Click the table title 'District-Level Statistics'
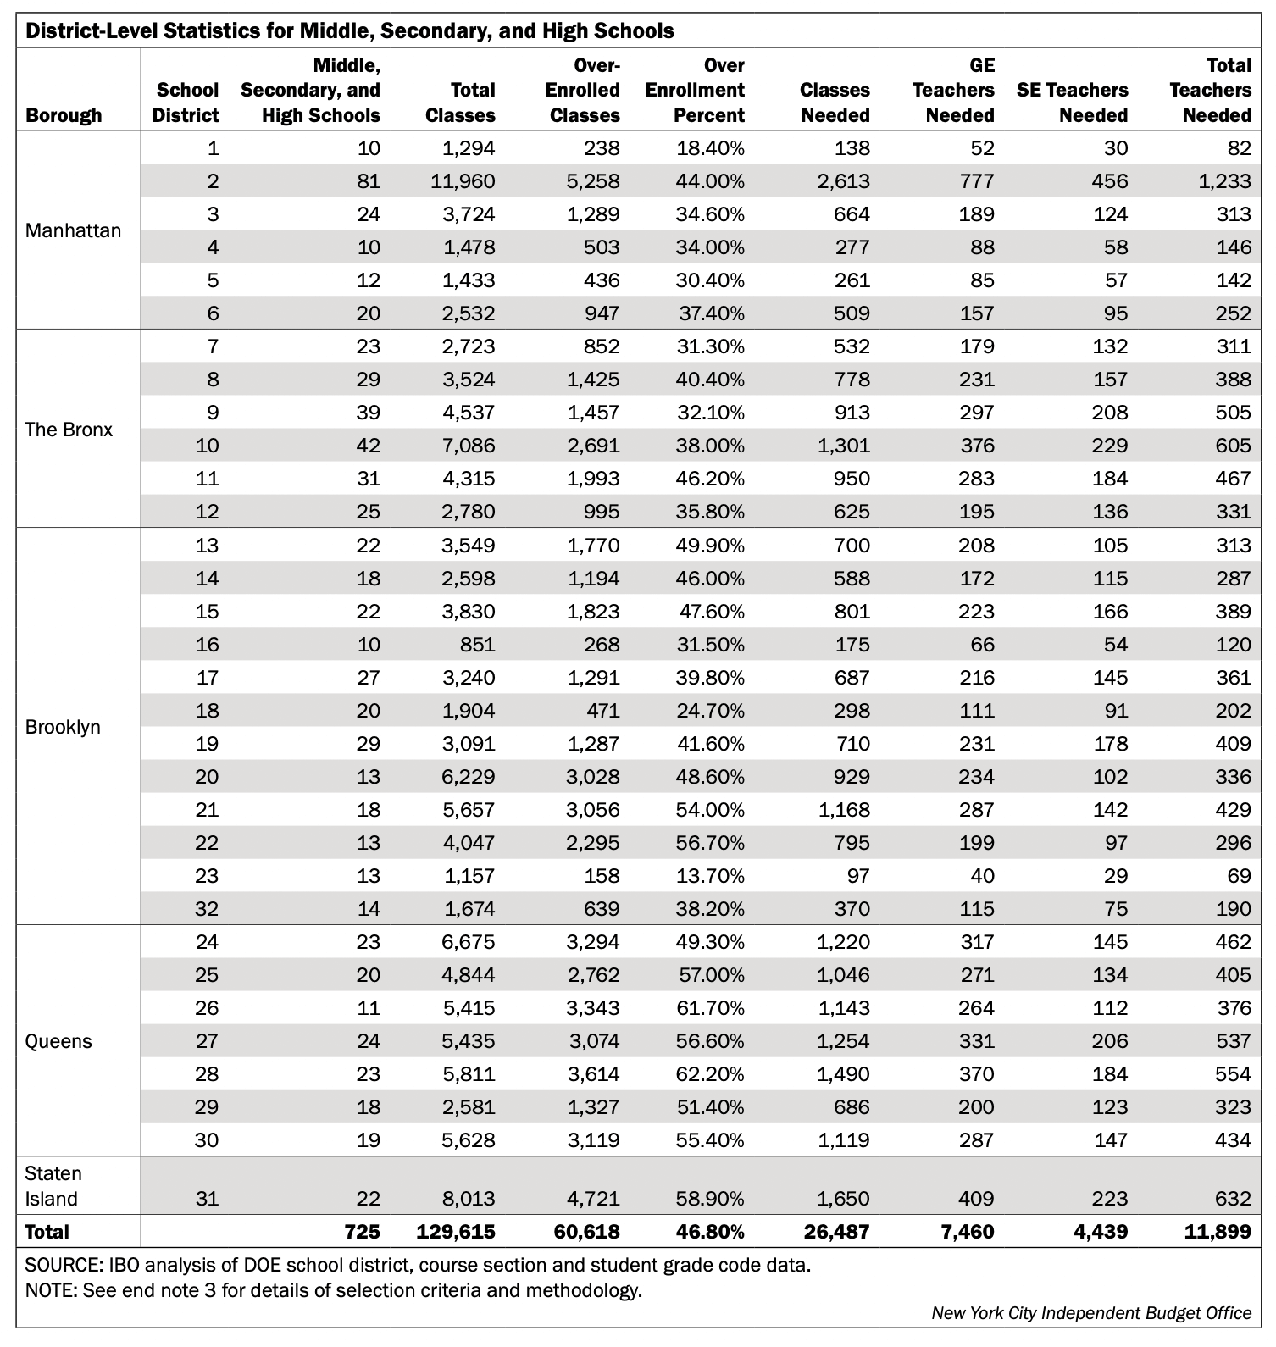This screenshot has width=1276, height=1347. click(x=349, y=31)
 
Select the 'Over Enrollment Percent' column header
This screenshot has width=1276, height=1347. click(x=695, y=90)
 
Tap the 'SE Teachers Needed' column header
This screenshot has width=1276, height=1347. click(x=1073, y=102)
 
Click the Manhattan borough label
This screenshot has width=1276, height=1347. click(x=73, y=230)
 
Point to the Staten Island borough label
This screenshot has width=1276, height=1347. click(x=53, y=1186)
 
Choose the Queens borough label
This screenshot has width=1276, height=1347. click(x=58, y=1040)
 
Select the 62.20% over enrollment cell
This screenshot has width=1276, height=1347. click(x=710, y=1073)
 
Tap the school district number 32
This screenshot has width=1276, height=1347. click(x=207, y=908)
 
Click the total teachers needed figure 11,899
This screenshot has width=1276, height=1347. click(x=1217, y=1231)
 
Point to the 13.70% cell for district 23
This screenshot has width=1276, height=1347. click(x=710, y=875)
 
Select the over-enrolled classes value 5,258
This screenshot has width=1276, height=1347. click(x=593, y=180)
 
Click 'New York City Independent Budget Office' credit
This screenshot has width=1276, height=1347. click(x=1091, y=1312)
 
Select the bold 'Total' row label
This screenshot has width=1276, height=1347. click(x=47, y=1231)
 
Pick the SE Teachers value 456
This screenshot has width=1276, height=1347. click(x=1111, y=180)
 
